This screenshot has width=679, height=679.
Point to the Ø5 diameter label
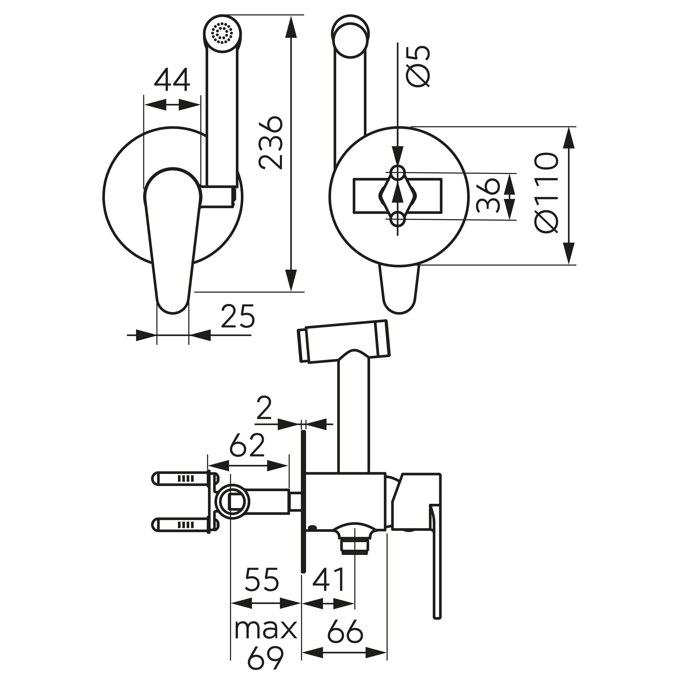[418, 67]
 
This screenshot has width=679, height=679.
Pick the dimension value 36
[488, 196]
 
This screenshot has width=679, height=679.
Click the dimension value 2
[264, 408]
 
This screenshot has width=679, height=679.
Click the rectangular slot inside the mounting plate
[397, 196]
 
